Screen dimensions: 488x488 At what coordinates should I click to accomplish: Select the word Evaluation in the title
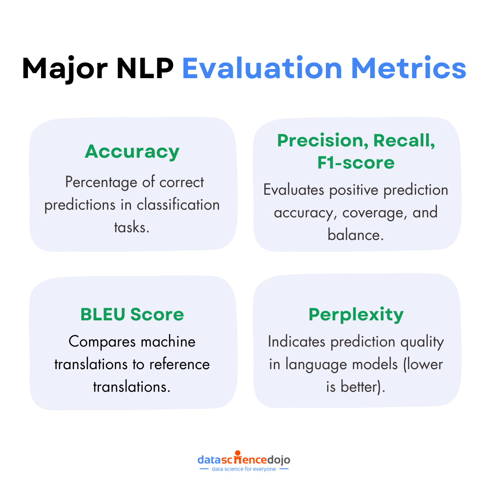pyautogui.click(x=262, y=68)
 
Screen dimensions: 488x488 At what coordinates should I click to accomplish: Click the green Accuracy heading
pyautogui.click(x=132, y=151)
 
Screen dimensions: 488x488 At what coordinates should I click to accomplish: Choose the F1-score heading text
pyautogui.click(x=356, y=162)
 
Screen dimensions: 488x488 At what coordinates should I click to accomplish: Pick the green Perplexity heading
pyautogui.click(x=356, y=314)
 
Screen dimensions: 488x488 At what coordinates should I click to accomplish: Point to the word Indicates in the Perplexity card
pyautogui.click(x=296, y=342)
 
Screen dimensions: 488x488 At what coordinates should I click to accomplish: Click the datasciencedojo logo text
pyautogui.click(x=244, y=460)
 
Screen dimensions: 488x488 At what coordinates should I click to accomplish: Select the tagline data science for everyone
pyautogui.click(x=244, y=469)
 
